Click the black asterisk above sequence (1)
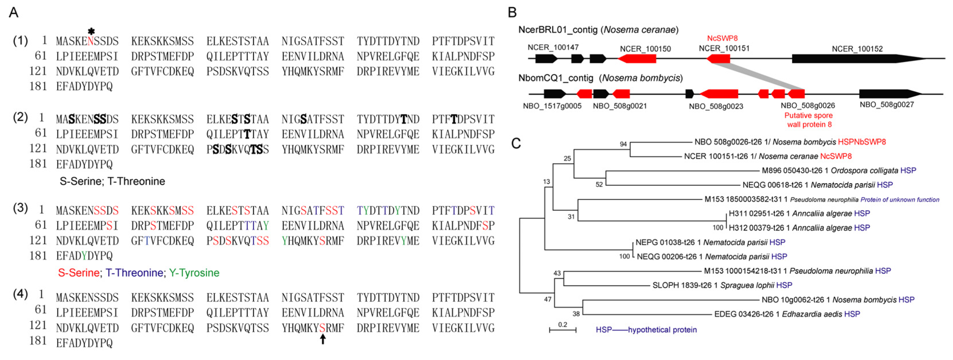point(91,32)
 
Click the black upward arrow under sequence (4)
point(323,338)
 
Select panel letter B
point(512,13)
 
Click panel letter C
point(516,143)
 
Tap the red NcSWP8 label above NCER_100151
point(722,38)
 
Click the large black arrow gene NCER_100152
point(858,59)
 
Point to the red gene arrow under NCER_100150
point(637,59)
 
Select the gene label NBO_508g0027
point(886,105)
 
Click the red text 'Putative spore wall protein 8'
point(809,120)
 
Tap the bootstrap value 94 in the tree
point(623,144)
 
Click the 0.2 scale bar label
point(562,324)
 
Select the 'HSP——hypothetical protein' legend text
point(646,330)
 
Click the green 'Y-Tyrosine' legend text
point(194,273)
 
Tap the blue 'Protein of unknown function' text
point(900,200)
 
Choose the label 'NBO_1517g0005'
point(552,106)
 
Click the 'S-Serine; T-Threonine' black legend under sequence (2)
point(112,181)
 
